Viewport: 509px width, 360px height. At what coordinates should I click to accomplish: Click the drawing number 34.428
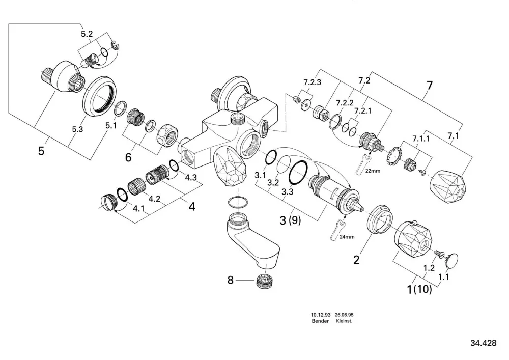click(484, 343)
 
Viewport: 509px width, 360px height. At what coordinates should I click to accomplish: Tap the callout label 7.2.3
click(313, 82)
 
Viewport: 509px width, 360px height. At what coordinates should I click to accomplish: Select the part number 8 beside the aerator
click(230, 280)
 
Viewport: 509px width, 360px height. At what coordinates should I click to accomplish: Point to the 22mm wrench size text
click(373, 171)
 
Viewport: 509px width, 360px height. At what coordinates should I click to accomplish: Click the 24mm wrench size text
click(347, 237)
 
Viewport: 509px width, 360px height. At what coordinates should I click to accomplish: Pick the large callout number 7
click(430, 86)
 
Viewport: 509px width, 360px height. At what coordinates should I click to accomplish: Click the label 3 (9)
click(290, 220)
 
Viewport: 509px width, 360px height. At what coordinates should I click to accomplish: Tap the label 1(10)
click(419, 289)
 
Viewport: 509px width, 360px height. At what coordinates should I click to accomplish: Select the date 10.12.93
click(321, 315)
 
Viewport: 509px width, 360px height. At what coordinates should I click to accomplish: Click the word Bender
click(320, 321)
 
